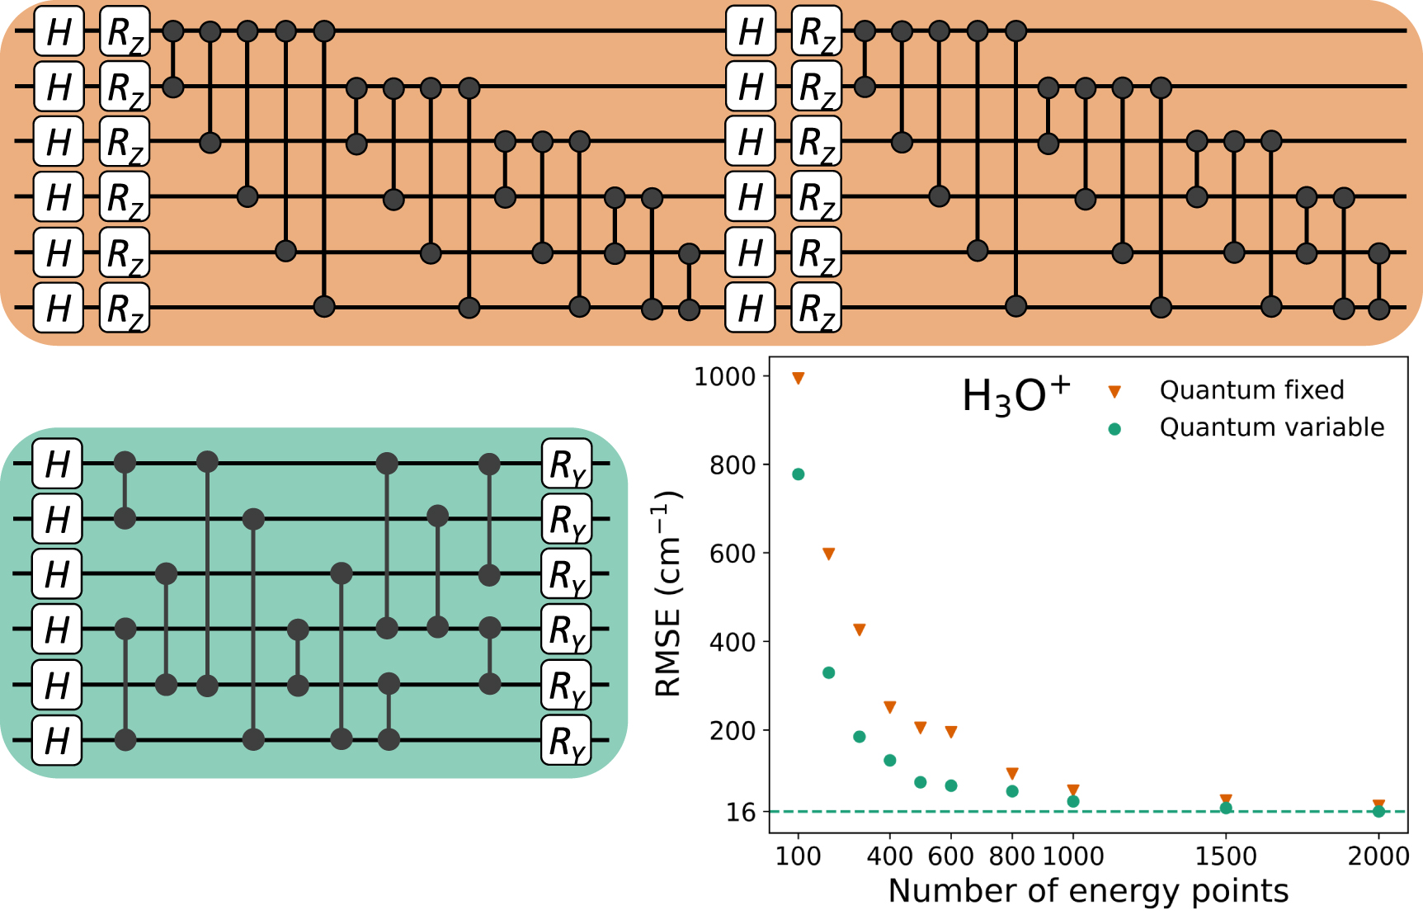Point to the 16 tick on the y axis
coord(741,813)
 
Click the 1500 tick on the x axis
coord(1226,856)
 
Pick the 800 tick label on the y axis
coord(733,465)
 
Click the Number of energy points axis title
coord(1087,891)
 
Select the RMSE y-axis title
coord(668,594)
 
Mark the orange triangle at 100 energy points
coord(798,379)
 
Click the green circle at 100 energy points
coord(798,474)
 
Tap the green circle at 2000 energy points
coord(1378,812)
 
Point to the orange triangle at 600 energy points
coord(951,732)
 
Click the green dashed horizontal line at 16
coord(1155,812)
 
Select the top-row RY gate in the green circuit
coord(567,465)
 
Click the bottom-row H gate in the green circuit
coord(57,740)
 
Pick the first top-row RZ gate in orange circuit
coord(125,32)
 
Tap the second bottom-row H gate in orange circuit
coord(750,309)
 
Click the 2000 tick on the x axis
coord(1378,856)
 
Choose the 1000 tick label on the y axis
coord(724,377)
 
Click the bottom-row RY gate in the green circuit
coord(567,741)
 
